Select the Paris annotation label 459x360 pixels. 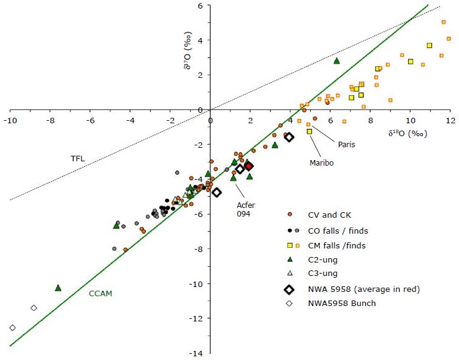pyautogui.click(x=347, y=144)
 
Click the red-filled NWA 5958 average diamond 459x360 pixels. pyautogui.click(x=249, y=166)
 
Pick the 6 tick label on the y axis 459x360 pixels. pyautogui.click(x=200, y=6)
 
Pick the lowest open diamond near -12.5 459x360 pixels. pyautogui.click(x=12, y=327)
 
